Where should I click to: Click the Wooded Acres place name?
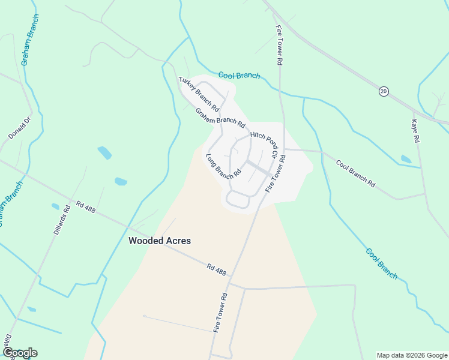[160, 241]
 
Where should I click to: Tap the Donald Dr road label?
[19, 128]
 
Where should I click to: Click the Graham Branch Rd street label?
[220, 118]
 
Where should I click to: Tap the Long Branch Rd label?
[223, 166]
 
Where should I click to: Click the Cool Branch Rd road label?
[355, 174]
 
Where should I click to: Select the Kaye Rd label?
[414, 130]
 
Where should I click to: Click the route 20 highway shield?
[384, 91]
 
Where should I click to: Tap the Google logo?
[20, 353]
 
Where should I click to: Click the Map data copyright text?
[412, 355]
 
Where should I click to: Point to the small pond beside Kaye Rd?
[406, 159]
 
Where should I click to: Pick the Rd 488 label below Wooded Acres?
[216, 269]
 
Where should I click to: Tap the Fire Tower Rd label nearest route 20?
[279, 44]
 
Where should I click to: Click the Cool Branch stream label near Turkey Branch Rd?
[239, 75]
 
